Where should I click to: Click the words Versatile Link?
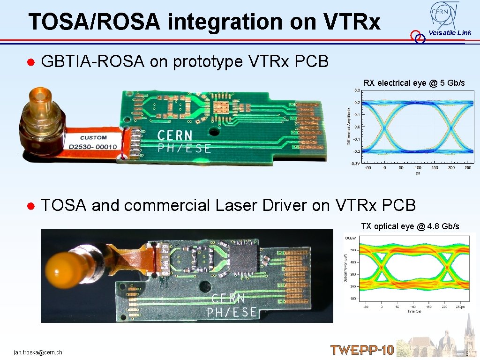pyautogui.click(x=450, y=33)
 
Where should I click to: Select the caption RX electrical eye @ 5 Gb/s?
pyautogui.click(x=414, y=83)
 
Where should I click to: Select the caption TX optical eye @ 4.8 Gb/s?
pyautogui.click(x=410, y=226)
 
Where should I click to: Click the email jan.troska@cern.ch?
pyautogui.click(x=38, y=352)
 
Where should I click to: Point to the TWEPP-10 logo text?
pyautogui.click(x=362, y=350)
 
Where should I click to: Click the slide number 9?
pyautogui.click(x=467, y=353)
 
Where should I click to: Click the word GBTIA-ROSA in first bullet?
pyautogui.click(x=93, y=61)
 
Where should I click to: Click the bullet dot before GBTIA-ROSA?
pyautogui.click(x=30, y=62)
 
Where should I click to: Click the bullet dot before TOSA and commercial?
pyautogui.click(x=30, y=206)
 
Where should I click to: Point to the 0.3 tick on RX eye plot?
pyautogui.click(x=357, y=90)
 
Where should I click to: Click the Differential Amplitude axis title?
pyautogui.click(x=349, y=127)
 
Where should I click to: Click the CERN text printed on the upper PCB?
pyautogui.click(x=174, y=136)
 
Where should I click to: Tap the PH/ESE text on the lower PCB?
pyautogui.click(x=232, y=312)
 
